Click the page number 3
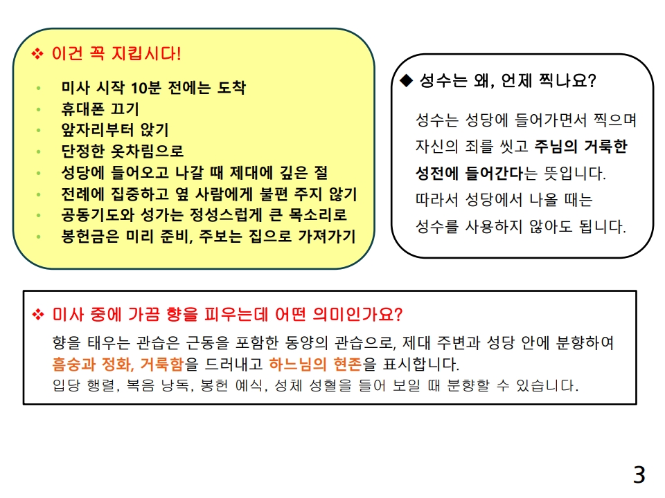(x=639, y=474)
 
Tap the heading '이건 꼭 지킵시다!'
(x=116, y=53)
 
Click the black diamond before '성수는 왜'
(x=407, y=81)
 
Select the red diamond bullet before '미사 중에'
(x=37, y=315)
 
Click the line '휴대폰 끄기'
(x=100, y=109)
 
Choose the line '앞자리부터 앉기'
(x=115, y=130)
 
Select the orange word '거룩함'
(x=163, y=364)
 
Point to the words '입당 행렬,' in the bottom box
(x=84, y=386)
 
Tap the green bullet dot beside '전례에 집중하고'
(x=39, y=194)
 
